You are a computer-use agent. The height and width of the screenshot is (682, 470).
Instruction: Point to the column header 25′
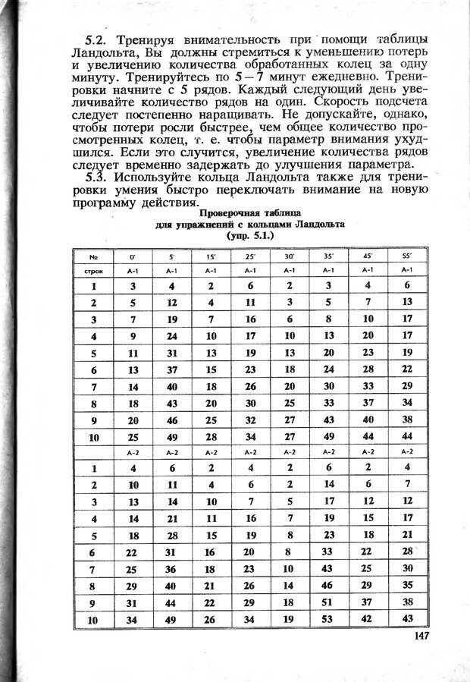(249, 257)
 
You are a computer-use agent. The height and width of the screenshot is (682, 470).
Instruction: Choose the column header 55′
(407, 257)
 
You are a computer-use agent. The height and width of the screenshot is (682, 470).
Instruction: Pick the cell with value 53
(328, 619)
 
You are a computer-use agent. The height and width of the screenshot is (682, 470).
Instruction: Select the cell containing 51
(328, 602)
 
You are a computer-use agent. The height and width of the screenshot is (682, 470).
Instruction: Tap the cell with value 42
(368, 619)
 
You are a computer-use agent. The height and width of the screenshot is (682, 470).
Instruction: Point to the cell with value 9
(132, 335)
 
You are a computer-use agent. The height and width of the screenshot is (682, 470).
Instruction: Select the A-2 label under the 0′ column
(132, 452)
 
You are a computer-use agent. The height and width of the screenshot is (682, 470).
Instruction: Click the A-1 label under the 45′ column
(368, 271)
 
